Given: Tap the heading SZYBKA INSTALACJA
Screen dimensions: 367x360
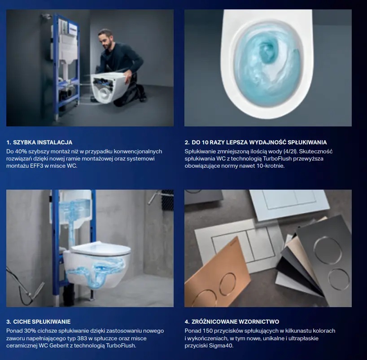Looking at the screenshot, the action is point(43,143).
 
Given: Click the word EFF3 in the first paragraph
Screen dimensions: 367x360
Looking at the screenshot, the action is point(37,166).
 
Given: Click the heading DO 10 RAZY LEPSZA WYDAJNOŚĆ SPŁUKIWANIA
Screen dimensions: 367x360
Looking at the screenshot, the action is point(259,143).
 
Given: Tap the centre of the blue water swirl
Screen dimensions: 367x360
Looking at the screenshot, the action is point(268,51).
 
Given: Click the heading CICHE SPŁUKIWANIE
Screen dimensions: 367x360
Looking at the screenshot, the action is point(42,321).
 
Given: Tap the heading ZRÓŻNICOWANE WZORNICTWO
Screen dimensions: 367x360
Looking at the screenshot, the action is point(235,321).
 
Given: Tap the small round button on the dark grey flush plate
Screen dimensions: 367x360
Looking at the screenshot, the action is point(339,279).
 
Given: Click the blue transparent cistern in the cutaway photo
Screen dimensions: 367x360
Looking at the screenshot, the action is point(70,209).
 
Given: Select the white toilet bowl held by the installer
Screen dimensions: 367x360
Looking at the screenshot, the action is point(108,88).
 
